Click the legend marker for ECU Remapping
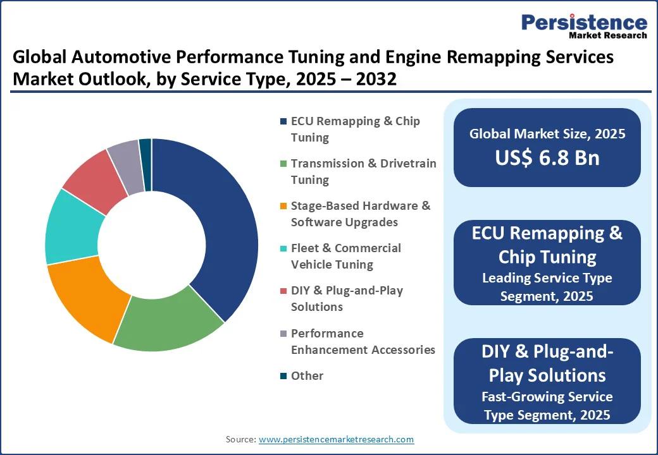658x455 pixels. pos(283,121)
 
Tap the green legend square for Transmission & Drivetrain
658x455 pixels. pos(283,164)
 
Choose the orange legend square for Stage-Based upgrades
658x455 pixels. pos(283,206)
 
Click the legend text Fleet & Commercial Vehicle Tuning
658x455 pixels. pos(345,256)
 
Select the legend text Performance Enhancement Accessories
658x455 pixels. pos(363,341)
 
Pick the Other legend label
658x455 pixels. pos(307,375)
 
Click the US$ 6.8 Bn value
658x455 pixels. pos(547,157)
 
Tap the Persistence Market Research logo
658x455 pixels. pos(584,27)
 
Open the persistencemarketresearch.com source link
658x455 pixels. pos(336,439)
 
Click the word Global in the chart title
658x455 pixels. pos(40,58)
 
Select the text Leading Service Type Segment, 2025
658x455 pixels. pos(547,286)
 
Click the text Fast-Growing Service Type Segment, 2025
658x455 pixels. pos(547,406)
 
